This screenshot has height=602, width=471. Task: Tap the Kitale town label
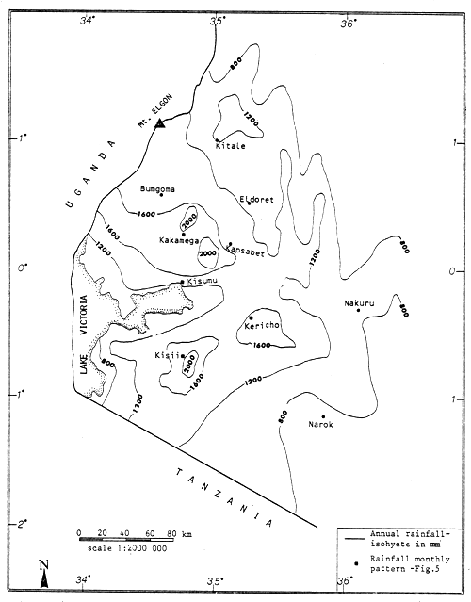click(230, 146)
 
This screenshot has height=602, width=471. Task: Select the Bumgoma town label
click(157, 191)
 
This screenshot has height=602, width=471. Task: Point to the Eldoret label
click(255, 199)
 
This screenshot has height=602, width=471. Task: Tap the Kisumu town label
click(203, 282)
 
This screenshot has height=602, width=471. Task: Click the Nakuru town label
click(359, 303)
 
